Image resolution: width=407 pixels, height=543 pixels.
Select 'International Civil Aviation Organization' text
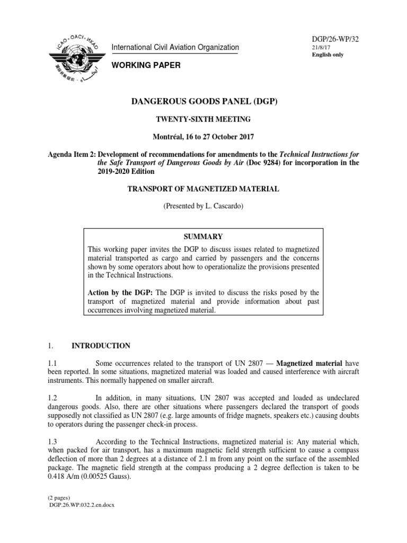pos(175,48)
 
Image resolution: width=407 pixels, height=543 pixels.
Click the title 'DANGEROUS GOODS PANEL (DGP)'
pos(203,102)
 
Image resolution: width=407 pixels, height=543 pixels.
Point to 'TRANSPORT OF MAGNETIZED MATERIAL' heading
pos(203,188)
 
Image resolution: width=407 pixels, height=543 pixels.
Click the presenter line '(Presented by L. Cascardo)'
pos(203,206)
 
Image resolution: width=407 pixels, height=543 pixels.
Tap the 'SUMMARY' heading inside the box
pos(203,237)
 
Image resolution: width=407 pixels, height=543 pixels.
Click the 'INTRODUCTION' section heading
pos(101,346)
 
